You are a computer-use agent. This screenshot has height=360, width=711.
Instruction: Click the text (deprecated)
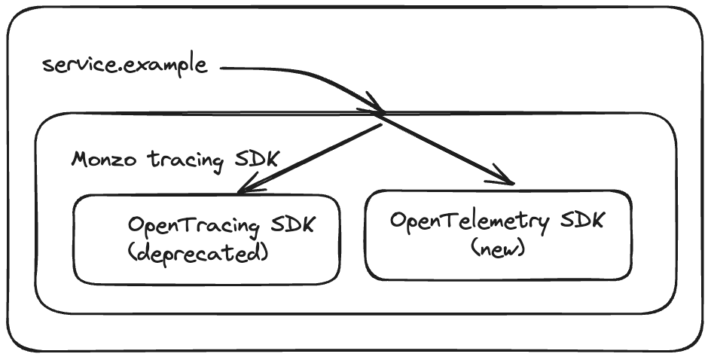pyautogui.click(x=198, y=253)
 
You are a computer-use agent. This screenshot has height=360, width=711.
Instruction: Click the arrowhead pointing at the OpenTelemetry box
pyautogui.click(x=509, y=182)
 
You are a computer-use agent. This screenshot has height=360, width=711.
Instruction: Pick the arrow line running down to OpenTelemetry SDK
pyautogui.click(x=444, y=148)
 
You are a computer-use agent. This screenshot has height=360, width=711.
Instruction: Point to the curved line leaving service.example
pyautogui.click(x=301, y=73)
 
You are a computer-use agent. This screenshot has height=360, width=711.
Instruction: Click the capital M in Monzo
pyautogui.click(x=81, y=159)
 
